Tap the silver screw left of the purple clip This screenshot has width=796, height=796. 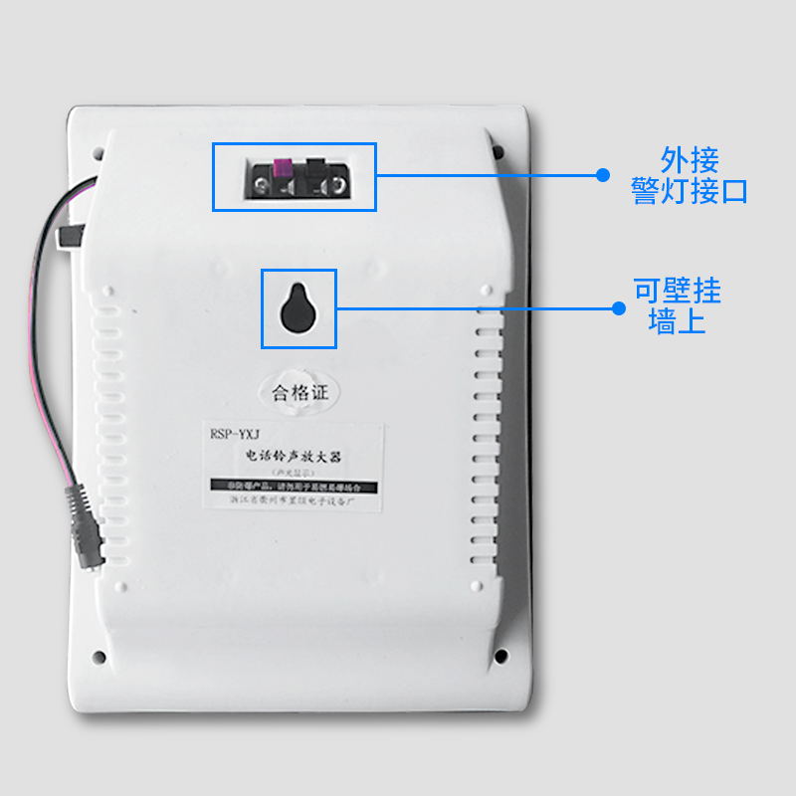(x=263, y=185)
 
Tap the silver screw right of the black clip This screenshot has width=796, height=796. (x=338, y=185)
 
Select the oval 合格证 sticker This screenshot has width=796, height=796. (x=298, y=393)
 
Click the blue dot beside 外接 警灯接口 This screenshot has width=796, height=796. (x=602, y=174)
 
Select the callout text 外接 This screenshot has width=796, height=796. (x=689, y=159)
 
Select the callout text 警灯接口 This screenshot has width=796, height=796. (x=689, y=191)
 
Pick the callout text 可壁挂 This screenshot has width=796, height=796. (x=677, y=292)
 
